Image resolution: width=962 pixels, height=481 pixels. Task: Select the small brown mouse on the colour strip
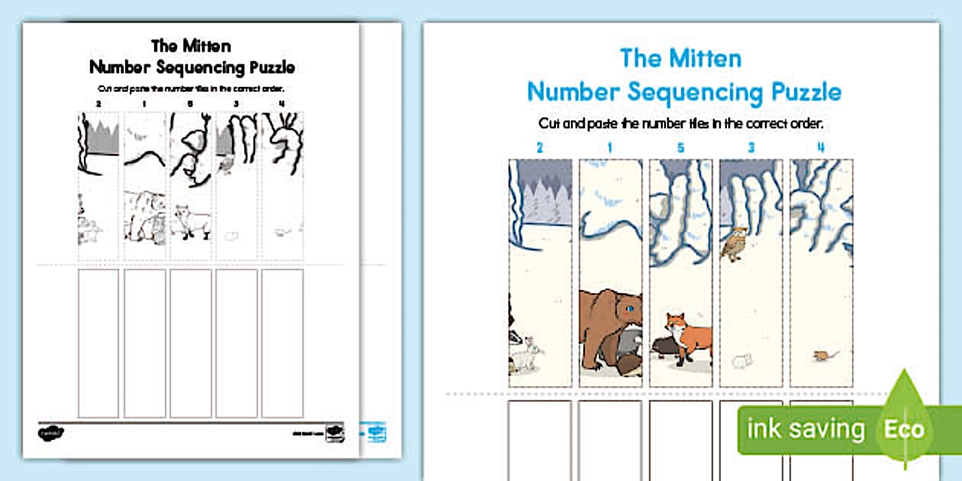click(822, 356)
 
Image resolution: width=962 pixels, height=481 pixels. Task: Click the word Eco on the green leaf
click(904, 428)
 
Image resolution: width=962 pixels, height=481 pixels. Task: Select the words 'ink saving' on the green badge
click(805, 429)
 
